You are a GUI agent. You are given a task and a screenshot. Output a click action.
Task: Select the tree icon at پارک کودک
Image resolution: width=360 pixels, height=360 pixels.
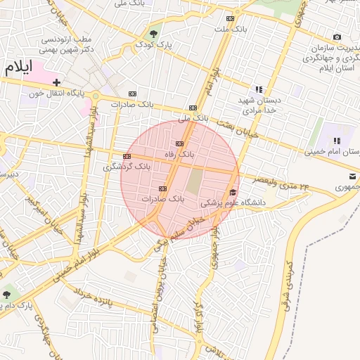pos(153,32)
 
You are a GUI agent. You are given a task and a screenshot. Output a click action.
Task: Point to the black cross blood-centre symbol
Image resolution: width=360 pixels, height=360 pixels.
pos(56,83)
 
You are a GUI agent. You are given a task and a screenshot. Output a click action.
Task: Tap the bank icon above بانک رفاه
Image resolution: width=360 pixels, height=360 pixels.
pos(179,143)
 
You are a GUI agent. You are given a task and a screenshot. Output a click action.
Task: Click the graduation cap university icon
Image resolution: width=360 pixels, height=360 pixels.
pos(233,192)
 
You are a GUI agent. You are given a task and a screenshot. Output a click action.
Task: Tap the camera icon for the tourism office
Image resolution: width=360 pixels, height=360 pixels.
pos(337,37)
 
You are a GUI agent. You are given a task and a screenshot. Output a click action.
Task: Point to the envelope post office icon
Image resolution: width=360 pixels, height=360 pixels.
pos(350,176)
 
